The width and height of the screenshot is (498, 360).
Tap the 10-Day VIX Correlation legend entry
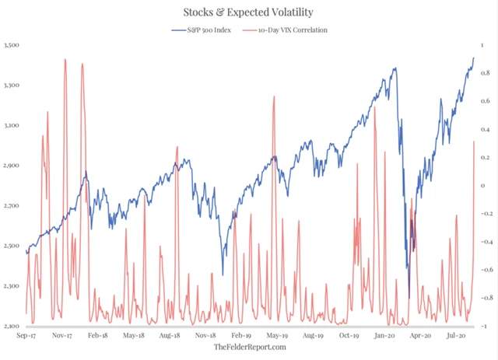click(288, 30)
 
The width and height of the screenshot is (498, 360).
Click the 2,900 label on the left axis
click(14, 166)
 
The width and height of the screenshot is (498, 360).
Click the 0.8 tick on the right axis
click(486, 73)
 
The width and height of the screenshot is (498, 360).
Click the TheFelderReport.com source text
click(250, 347)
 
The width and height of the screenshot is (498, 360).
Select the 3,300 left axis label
click(14, 86)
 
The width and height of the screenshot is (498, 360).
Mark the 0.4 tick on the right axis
click(486, 129)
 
